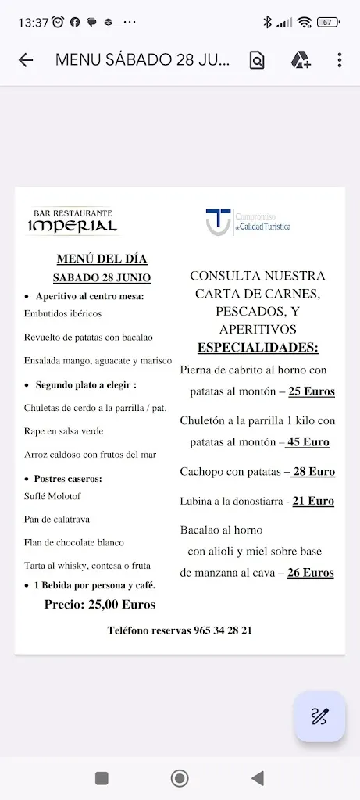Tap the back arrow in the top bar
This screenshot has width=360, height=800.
(x=26, y=60)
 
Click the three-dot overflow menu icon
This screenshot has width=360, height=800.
(x=339, y=60)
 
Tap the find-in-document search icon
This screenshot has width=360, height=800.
(x=257, y=60)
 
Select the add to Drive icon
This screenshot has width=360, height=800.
(x=301, y=60)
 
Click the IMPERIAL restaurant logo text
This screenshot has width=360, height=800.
(x=73, y=226)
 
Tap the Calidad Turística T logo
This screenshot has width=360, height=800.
(x=218, y=221)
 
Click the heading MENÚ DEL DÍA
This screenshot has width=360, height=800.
(x=102, y=259)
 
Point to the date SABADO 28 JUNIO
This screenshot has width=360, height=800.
(x=102, y=277)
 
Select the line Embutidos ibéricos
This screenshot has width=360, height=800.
(x=63, y=313)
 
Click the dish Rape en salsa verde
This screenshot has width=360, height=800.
(x=64, y=430)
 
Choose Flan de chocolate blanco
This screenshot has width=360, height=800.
(x=74, y=542)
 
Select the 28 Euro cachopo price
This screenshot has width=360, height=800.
(x=312, y=471)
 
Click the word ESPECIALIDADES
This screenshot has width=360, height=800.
(x=258, y=348)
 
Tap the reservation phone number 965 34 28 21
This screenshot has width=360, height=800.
(x=223, y=630)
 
